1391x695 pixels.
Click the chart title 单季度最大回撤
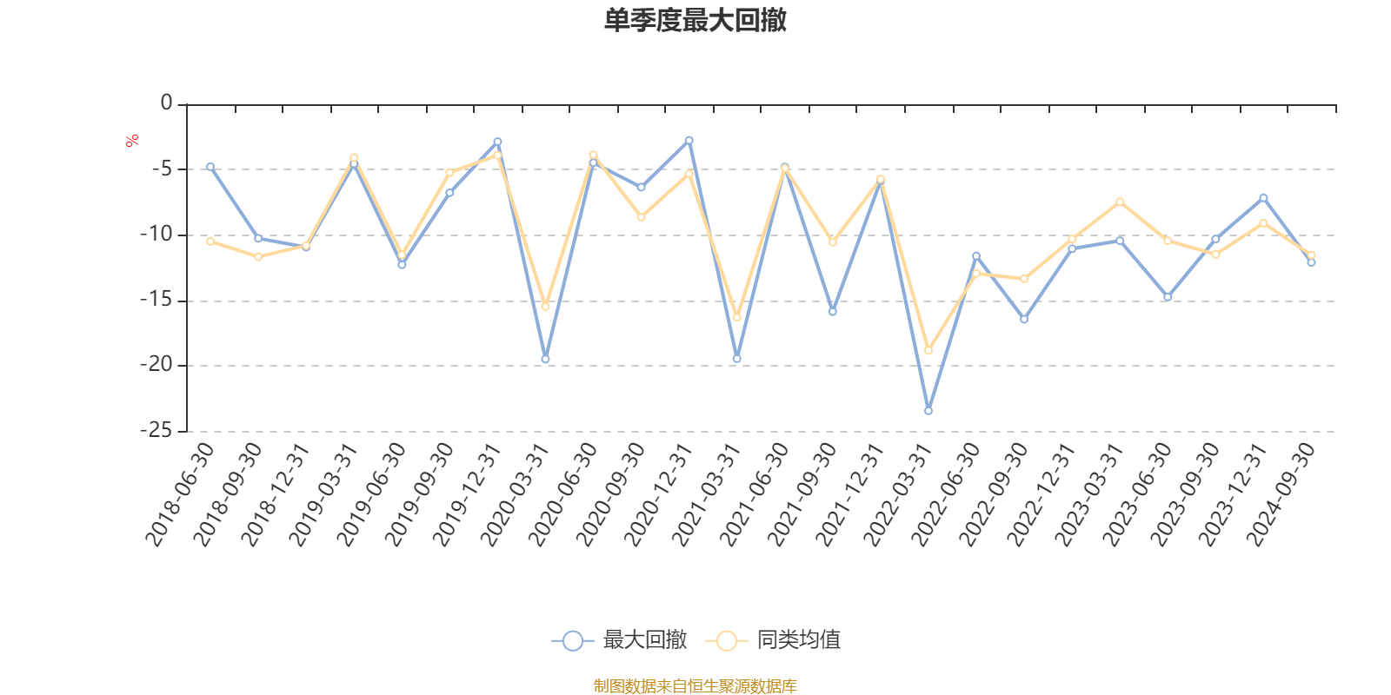pyautogui.click(x=695, y=21)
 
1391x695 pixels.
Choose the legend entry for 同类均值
pyautogui.click(x=773, y=640)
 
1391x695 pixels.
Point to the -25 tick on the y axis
pyautogui.click(x=156, y=430)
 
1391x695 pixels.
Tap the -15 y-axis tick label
pyautogui.click(x=156, y=300)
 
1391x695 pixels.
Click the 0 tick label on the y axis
pyautogui.click(x=166, y=103)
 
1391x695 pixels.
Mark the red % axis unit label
pyautogui.click(x=132, y=141)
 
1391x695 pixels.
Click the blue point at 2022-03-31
pyautogui.click(x=928, y=410)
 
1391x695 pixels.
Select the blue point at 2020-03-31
pyautogui.click(x=545, y=359)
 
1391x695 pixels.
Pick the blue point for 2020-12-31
pyautogui.click(x=689, y=140)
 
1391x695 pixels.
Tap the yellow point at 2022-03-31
pyautogui.click(x=928, y=350)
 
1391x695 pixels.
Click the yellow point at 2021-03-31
pyautogui.click(x=737, y=318)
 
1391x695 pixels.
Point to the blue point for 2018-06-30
pyautogui.click(x=210, y=166)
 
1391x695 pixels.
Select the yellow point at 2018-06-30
pyautogui.click(x=210, y=241)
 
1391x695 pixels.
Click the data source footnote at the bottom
pyautogui.click(x=695, y=686)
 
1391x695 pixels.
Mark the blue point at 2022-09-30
pyautogui.click(x=1024, y=320)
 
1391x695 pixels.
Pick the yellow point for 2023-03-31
pyautogui.click(x=1120, y=202)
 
